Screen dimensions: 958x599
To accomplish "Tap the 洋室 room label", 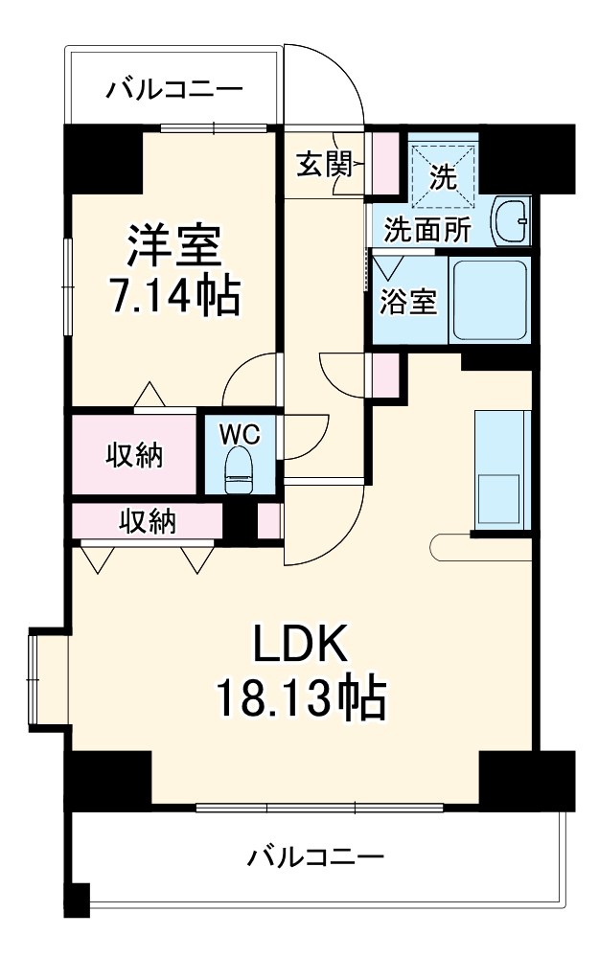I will (x=175, y=246).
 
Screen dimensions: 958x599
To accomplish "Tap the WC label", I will (x=240, y=434).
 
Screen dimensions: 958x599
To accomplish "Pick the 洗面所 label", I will (x=427, y=230).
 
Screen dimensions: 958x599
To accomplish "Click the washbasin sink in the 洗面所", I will (x=510, y=223).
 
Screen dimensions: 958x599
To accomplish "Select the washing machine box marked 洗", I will (x=442, y=174).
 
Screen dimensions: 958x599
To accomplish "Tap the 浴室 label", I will (x=409, y=302).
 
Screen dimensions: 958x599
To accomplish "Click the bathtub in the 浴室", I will (x=489, y=300).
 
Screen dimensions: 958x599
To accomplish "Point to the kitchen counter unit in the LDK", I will (x=501, y=468).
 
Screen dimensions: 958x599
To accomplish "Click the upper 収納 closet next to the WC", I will (x=134, y=455).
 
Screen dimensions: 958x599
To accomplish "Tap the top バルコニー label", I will (x=174, y=90).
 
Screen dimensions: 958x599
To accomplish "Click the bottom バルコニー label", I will (x=315, y=855).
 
